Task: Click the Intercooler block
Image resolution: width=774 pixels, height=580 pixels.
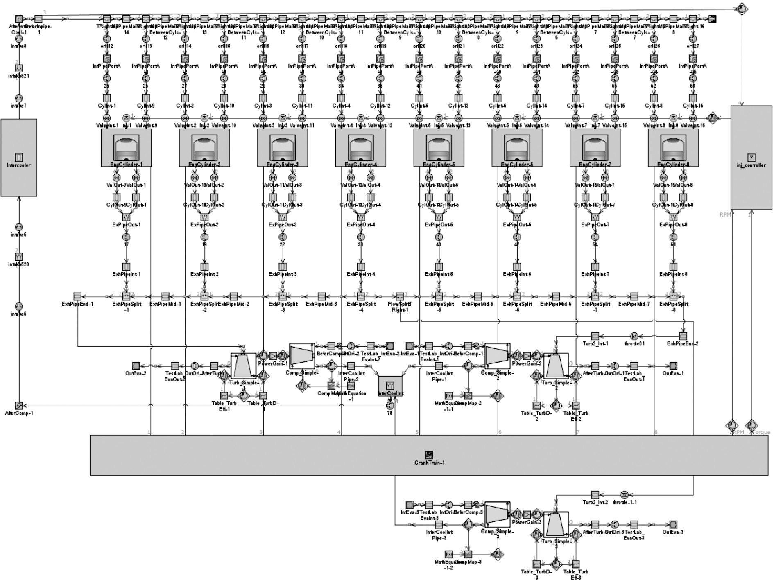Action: (19, 158)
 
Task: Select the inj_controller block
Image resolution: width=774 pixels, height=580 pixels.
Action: (751, 158)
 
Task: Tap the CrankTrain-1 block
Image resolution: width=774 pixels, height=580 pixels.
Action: (429, 455)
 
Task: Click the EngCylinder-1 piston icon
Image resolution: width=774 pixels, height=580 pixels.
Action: (126, 149)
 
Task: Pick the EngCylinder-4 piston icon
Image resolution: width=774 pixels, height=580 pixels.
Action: (361, 149)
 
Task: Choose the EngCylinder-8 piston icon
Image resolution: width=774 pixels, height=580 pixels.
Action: (673, 149)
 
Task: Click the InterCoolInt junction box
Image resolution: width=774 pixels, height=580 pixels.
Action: (390, 385)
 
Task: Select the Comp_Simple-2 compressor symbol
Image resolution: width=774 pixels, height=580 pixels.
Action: (497, 356)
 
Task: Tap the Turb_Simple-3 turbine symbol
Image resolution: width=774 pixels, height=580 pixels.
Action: (556, 525)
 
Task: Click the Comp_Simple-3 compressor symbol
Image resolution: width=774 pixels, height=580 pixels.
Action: (497, 515)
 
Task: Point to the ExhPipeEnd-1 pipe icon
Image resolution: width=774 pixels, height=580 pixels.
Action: (78, 296)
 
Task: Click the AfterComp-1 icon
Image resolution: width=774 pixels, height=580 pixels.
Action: (19, 406)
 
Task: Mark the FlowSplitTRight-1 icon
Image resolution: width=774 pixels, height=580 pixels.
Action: (399, 296)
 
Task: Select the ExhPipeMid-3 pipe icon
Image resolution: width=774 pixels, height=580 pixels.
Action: (321, 296)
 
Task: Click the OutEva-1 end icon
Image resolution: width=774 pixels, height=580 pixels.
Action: (673, 366)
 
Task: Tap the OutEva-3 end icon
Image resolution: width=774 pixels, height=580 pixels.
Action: (673, 524)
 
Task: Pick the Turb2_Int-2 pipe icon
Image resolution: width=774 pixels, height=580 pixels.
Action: (595, 495)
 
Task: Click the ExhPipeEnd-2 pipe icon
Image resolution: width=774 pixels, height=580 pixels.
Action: (683, 336)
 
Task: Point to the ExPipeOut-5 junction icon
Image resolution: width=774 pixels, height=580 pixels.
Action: (439, 217)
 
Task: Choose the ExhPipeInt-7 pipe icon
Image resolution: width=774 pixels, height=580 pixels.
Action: (595, 266)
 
